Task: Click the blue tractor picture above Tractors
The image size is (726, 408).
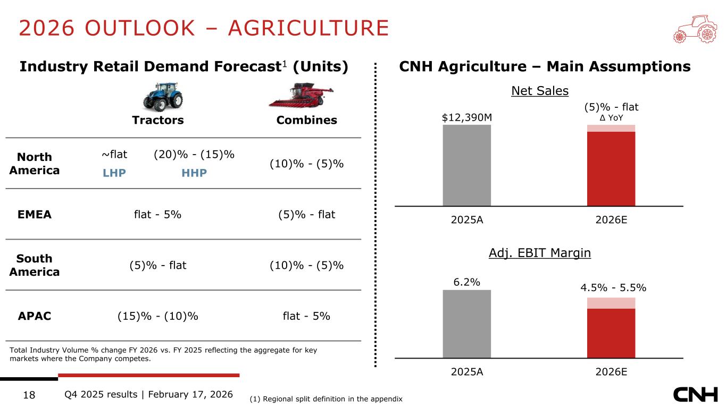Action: click(x=163, y=96)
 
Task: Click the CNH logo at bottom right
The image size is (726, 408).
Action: click(x=695, y=395)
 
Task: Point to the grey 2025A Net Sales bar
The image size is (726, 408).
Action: click(x=466, y=165)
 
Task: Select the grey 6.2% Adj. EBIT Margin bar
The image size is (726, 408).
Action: click(x=466, y=324)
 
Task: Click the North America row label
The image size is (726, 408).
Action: click(x=35, y=164)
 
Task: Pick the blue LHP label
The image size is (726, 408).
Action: click(x=114, y=173)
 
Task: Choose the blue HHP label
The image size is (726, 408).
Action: click(x=194, y=173)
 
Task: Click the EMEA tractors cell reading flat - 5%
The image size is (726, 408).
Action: click(x=158, y=215)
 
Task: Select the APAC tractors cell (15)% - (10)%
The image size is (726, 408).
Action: click(x=158, y=316)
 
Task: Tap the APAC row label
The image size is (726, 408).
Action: click(x=35, y=316)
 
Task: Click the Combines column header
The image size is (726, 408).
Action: click(x=306, y=120)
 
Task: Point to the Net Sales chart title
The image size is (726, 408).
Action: click(x=539, y=91)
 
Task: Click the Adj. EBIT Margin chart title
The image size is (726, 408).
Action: click(x=539, y=253)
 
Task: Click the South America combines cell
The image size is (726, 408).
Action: click(x=306, y=265)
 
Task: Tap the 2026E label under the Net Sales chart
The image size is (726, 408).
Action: click(x=611, y=220)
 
